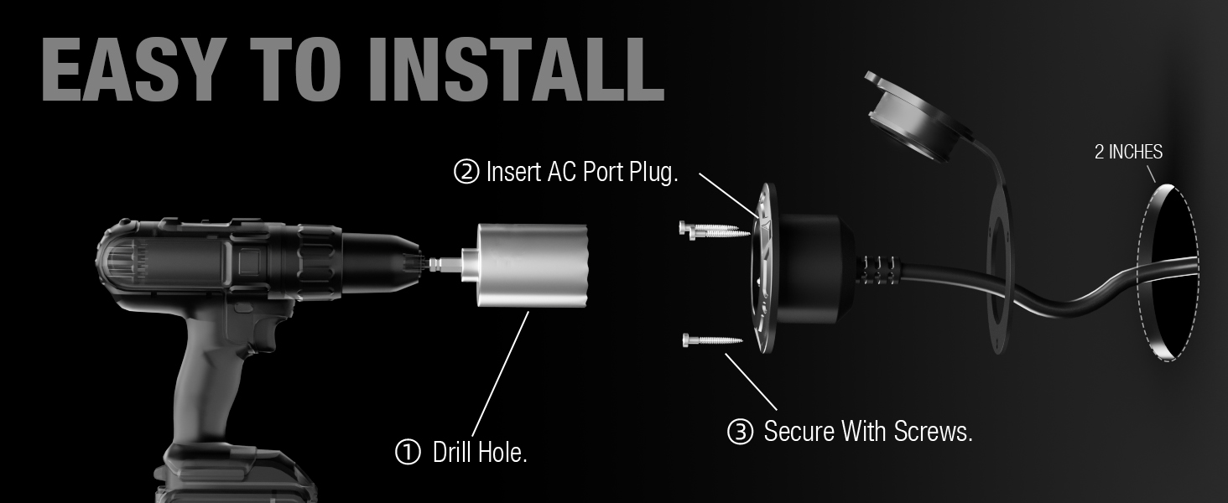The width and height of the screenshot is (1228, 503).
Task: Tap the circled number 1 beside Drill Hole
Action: pos(407,453)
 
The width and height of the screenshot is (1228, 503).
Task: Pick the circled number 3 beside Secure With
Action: pos(741,433)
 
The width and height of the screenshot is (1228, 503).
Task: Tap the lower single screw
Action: pos(711,340)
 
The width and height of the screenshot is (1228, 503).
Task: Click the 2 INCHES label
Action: pos(1128,153)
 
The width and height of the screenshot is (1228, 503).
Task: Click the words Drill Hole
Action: pos(480,453)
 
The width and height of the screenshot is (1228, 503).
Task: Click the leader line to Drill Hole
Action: pos(501,373)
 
